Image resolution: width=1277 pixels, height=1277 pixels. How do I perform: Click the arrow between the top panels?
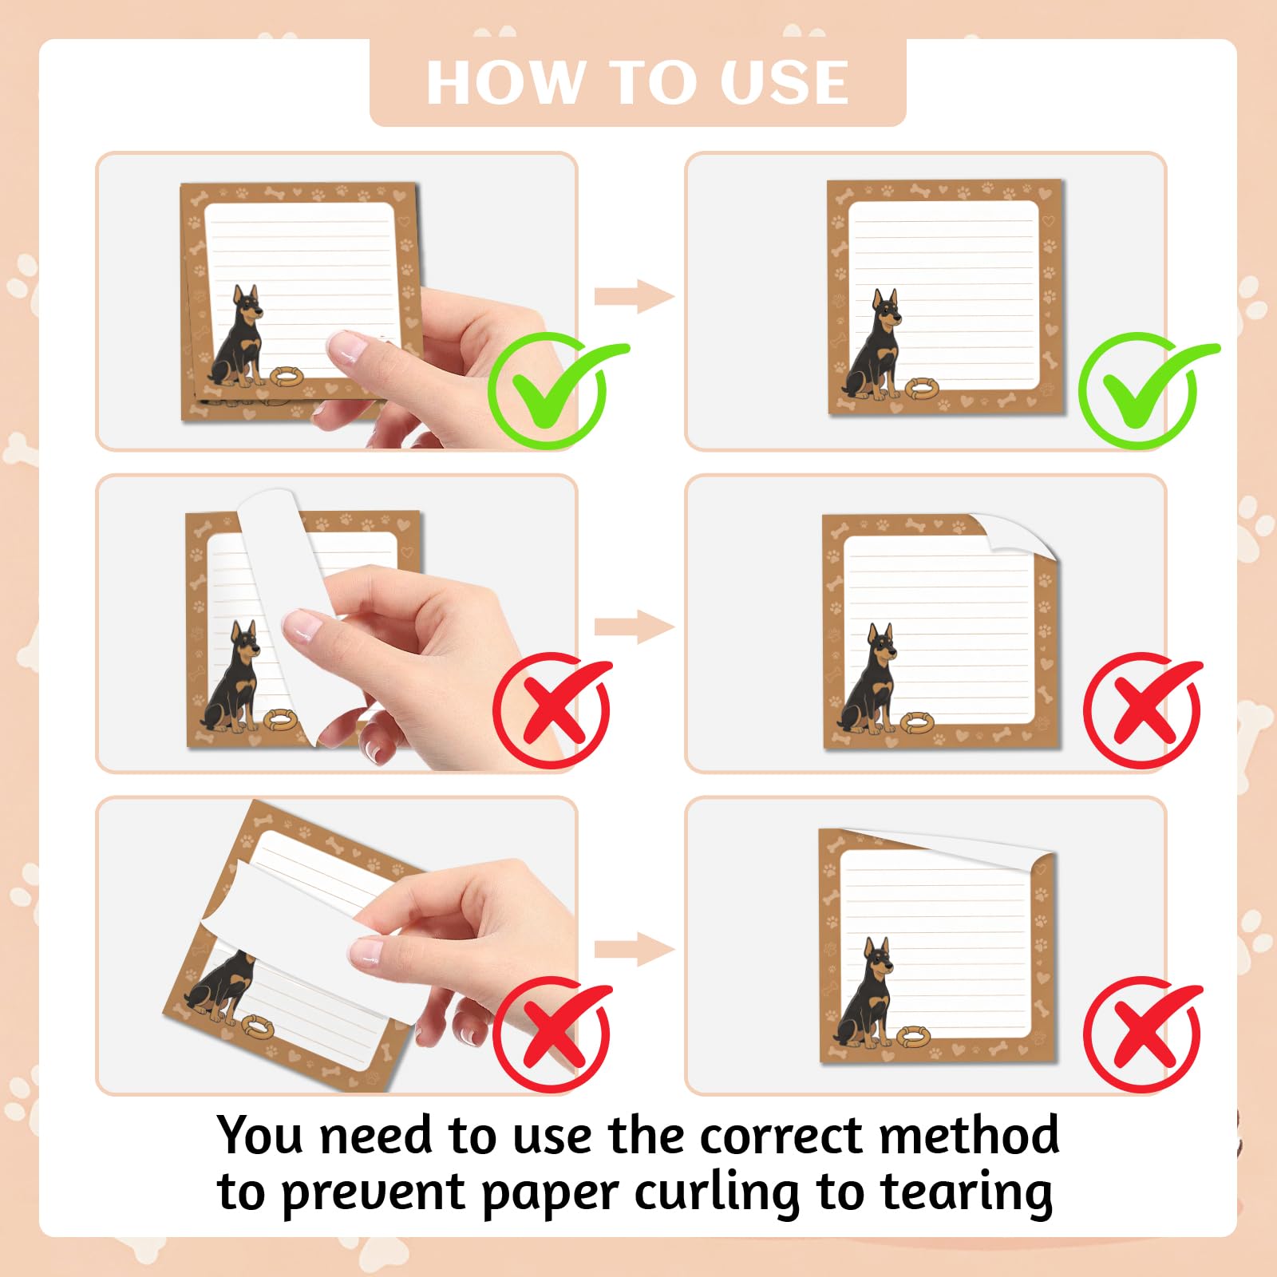coord(635,297)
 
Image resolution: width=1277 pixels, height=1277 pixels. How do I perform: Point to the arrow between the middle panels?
coord(635,627)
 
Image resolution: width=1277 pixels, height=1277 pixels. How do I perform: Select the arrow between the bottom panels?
coord(635,950)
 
